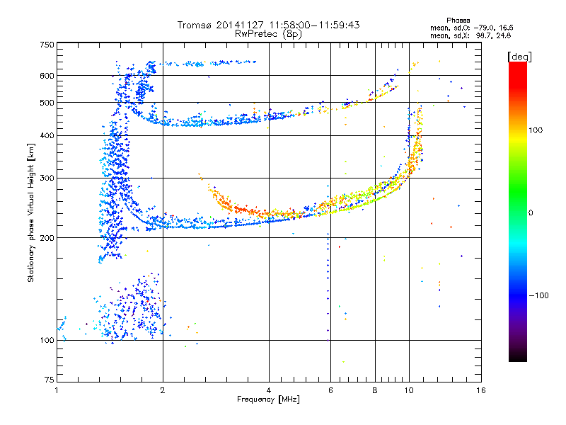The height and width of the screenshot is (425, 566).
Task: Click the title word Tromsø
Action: click(x=193, y=25)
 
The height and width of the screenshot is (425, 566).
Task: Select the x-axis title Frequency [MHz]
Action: click(x=268, y=400)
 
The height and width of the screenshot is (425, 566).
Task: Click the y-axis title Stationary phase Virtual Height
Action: click(x=31, y=213)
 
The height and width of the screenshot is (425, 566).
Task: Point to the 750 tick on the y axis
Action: click(x=47, y=44)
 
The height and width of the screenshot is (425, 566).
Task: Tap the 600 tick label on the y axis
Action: click(x=47, y=76)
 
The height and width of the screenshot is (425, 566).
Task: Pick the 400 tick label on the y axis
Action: click(x=47, y=135)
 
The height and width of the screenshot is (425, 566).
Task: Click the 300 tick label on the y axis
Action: click(x=47, y=178)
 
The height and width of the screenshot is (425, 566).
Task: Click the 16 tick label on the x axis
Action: click(x=480, y=391)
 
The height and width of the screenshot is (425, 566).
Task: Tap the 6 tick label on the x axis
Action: click(x=330, y=391)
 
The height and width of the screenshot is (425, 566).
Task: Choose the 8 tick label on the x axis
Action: click(x=375, y=391)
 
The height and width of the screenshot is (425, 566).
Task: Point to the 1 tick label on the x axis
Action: click(x=57, y=391)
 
